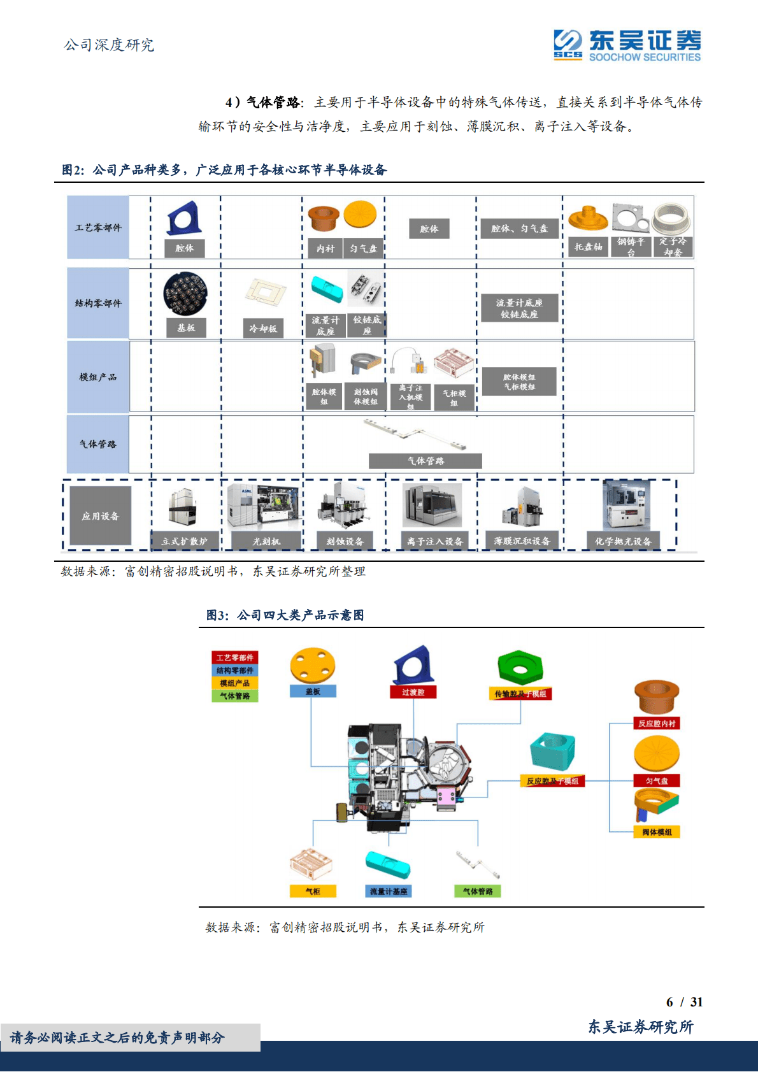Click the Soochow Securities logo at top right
click(x=627, y=45)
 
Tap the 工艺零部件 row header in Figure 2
click(x=98, y=227)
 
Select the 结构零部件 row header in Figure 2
click(x=98, y=303)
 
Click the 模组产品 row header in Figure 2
click(x=98, y=377)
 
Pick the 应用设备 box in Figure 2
click(x=100, y=516)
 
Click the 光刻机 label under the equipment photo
click(x=266, y=541)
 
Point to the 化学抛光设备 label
click(x=623, y=541)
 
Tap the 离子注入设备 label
click(x=435, y=541)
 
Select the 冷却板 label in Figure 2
click(x=263, y=328)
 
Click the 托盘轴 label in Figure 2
click(x=588, y=247)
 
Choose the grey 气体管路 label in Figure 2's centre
click(x=425, y=461)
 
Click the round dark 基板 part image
click(x=185, y=294)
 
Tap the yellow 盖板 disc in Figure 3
click(x=313, y=666)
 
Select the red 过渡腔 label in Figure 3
click(x=413, y=692)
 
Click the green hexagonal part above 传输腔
click(x=520, y=668)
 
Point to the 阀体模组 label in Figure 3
click(x=657, y=832)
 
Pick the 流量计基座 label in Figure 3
click(x=389, y=891)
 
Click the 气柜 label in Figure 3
click(x=313, y=891)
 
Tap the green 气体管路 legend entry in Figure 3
click(x=235, y=696)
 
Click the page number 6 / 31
click(x=684, y=1002)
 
